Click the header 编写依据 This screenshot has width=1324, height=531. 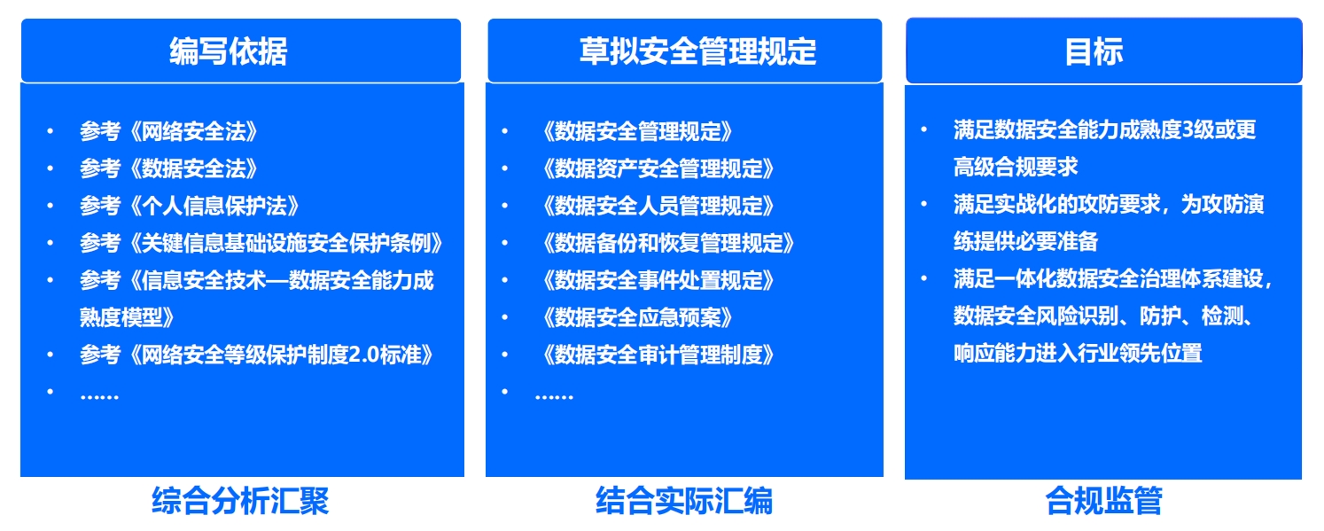228,51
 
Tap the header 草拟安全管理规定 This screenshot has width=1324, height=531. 697,51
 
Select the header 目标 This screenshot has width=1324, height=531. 1094,52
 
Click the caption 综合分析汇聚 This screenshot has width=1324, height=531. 240,501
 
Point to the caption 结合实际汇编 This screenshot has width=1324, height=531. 684,501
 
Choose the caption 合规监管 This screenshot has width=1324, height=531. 1103,501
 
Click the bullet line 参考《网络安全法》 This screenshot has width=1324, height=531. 168,131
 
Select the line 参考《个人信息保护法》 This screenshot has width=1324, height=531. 189,206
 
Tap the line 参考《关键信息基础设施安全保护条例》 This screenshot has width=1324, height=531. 261,243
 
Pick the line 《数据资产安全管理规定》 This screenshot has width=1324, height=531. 658,168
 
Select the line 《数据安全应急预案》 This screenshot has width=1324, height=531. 636,317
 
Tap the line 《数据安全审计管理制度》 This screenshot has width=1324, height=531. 658,355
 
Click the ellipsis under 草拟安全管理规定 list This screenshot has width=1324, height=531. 554,397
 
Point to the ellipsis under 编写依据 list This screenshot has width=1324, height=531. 99,397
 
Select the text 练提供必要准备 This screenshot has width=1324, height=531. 1025,241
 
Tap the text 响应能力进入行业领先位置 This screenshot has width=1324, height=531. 1078,353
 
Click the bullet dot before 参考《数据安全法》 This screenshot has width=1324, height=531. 51,168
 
